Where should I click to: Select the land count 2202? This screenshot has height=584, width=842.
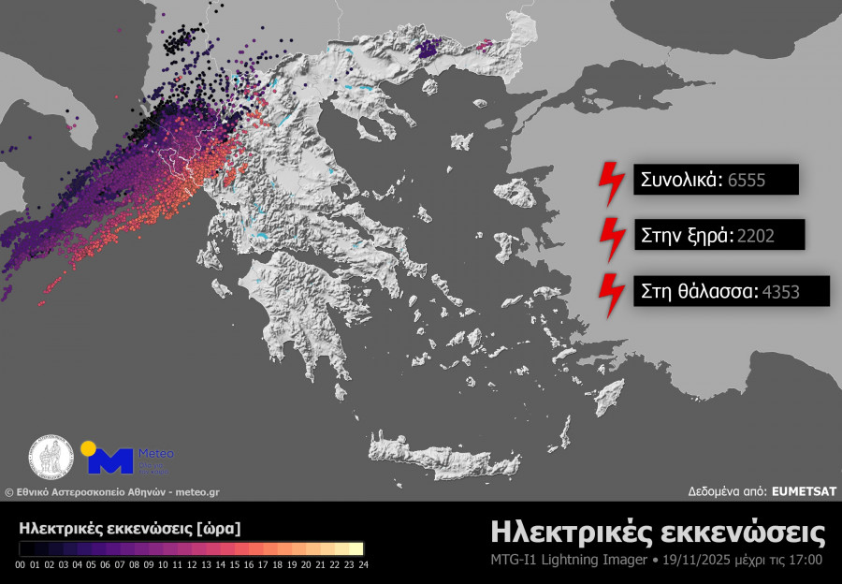point(756,236)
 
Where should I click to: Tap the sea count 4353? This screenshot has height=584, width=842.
point(781,291)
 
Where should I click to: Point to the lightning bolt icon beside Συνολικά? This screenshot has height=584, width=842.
point(611,183)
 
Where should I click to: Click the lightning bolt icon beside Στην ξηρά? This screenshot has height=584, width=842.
point(611,240)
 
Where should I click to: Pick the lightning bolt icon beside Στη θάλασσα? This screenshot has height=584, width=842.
point(611,295)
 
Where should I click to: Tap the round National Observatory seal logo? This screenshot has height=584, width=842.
point(51,458)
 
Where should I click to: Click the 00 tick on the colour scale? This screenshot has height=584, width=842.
point(21,564)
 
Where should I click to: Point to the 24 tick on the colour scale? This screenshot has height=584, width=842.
point(364,564)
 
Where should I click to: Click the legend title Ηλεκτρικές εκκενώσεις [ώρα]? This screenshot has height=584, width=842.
point(129,528)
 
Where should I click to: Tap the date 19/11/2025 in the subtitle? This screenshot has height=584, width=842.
point(693,560)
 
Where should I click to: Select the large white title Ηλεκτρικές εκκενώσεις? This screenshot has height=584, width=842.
point(658,533)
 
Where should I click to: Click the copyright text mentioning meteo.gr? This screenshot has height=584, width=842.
point(112,491)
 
